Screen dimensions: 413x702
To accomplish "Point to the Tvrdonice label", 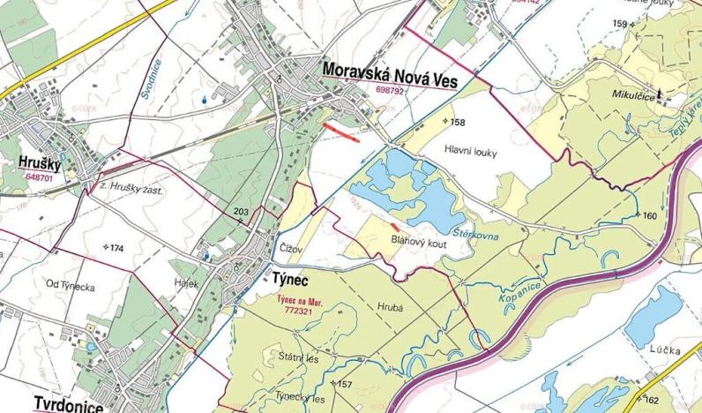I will pyautogui.click(x=68, y=403).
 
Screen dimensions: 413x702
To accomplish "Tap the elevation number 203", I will pyautogui.click(x=242, y=212).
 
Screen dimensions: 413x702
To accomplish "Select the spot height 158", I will pyautogui.click(x=456, y=122).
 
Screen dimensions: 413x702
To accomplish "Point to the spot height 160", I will pyautogui.click(x=650, y=216).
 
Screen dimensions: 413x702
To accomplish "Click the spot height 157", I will pyautogui.click(x=344, y=384).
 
